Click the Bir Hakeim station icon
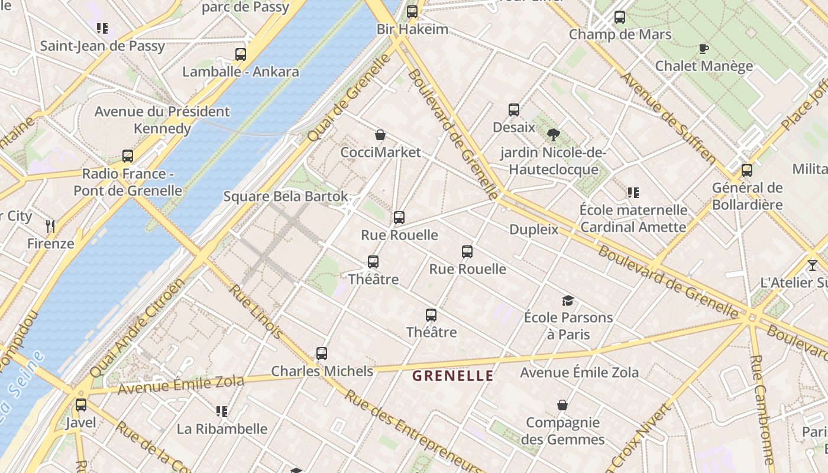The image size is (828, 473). click(x=412, y=11)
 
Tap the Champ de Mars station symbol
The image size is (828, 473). click(x=619, y=17)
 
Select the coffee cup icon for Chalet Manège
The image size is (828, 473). click(x=703, y=48)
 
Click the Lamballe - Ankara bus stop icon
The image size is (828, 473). click(x=240, y=54)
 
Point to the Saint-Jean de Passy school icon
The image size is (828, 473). click(x=102, y=28)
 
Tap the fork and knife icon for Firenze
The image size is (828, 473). click(x=50, y=226)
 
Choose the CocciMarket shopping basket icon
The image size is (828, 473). click(x=380, y=135)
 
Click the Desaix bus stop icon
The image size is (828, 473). click(x=513, y=110)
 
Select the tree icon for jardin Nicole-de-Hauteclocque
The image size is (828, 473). click(x=553, y=135)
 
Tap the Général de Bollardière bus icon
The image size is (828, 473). click(x=747, y=170)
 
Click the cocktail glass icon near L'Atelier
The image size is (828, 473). click(x=812, y=265)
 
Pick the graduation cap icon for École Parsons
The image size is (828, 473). click(x=568, y=300)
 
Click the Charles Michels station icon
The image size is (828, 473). click(x=322, y=354)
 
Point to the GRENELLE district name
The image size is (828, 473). click(x=452, y=375)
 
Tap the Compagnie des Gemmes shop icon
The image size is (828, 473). click(x=562, y=405)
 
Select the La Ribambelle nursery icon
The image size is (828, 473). click(x=222, y=411)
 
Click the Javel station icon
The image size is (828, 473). click(x=80, y=405)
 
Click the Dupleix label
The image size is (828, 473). click(x=533, y=229)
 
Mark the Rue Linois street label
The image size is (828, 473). click(x=256, y=312)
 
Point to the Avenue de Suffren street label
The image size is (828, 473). click(x=668, y=118)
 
